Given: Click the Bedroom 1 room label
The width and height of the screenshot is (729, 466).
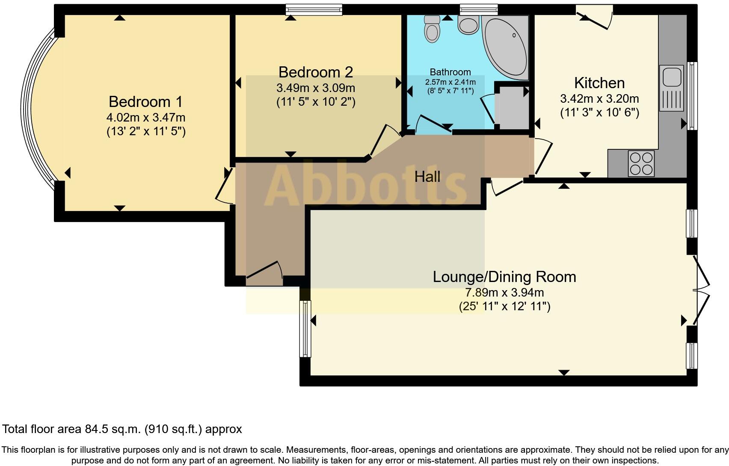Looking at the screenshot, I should click(x=145, y=102).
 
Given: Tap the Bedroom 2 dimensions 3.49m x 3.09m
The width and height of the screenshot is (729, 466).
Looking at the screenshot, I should click(x=316, y=89).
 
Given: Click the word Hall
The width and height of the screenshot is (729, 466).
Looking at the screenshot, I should click(x=427, y=176).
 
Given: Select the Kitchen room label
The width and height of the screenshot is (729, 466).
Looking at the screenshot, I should click(x=599, y=83).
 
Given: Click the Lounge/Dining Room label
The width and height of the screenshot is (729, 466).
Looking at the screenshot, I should click(x=504, y=277).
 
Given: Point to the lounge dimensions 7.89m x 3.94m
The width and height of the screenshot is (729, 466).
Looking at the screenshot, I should click(x=504, y=293).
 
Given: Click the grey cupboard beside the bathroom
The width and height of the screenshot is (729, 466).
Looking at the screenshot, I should click(x=513, y=107).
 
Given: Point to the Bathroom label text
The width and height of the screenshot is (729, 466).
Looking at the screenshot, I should click(x=450, y=72).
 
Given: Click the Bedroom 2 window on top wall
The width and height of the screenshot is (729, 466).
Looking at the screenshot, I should click(x=314, y=9).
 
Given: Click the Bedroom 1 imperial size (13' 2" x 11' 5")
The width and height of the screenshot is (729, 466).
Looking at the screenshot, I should click(x=146, y=131).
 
